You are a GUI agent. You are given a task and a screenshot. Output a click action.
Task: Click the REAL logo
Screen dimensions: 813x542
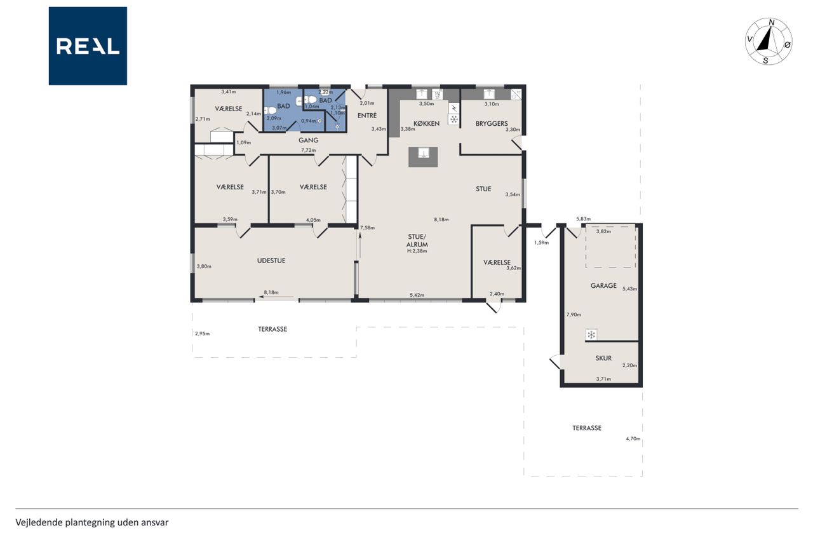88,46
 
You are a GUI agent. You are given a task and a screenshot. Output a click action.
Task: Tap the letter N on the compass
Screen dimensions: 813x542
772,23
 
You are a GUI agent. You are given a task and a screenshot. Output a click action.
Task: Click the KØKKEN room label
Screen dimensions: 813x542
426,123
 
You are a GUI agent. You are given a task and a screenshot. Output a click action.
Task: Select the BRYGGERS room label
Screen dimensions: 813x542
492,123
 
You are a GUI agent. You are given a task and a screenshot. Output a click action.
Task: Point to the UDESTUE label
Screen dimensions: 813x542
271,261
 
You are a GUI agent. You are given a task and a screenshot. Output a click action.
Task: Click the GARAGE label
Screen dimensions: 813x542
603,286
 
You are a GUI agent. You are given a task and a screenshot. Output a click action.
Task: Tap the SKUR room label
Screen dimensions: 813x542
603,358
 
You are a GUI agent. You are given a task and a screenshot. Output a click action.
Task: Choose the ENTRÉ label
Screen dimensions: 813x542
367,116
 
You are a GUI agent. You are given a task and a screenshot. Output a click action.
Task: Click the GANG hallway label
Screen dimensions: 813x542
309,140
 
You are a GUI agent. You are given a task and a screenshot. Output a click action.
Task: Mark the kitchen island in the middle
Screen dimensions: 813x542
423,157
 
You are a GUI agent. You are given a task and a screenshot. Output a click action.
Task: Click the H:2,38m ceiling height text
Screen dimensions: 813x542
417,251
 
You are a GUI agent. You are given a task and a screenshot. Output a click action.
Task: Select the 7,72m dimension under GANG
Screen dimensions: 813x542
308,150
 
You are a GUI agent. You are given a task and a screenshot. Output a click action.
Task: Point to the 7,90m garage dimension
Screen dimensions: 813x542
574,315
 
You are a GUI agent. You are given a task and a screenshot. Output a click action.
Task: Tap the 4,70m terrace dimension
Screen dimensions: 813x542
633,438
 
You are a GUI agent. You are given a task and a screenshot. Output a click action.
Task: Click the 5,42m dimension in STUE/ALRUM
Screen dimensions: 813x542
417,295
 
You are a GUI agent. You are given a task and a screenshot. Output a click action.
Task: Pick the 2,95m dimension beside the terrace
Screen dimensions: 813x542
202,334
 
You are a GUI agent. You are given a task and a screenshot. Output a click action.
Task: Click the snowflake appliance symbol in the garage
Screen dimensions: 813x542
591,335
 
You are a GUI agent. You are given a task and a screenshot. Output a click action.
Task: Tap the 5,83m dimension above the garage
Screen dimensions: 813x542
583,219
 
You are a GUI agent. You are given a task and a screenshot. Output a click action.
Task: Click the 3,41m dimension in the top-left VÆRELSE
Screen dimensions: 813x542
229,92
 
